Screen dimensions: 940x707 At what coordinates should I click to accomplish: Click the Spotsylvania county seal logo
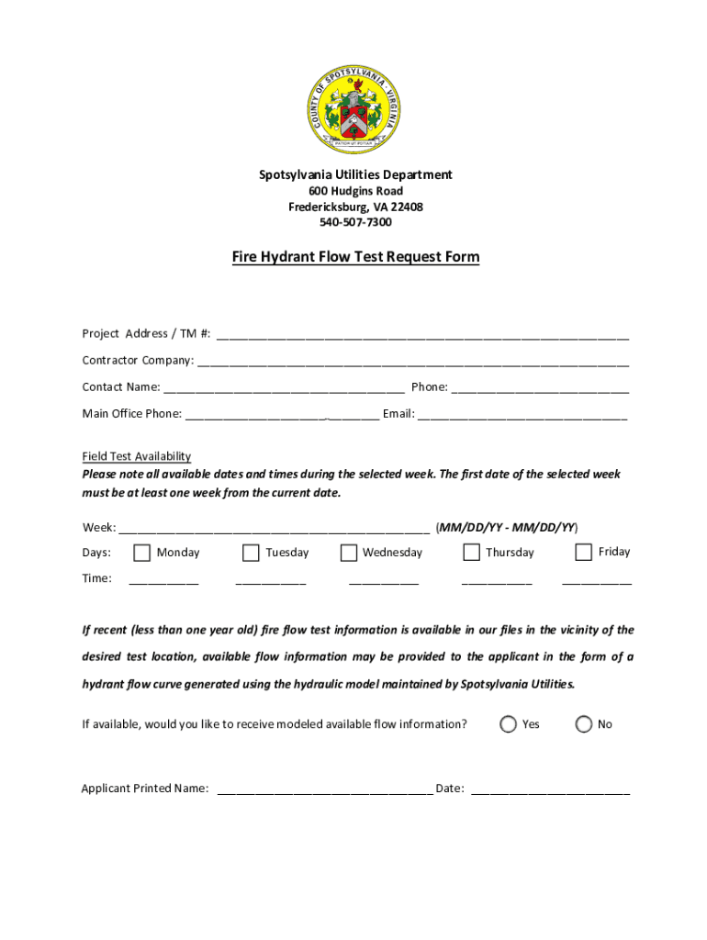click(x=355, y=112)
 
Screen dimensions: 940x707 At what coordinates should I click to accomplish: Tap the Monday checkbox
click(x=141, y=553)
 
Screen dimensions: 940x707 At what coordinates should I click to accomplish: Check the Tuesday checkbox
click(x=251, y=553)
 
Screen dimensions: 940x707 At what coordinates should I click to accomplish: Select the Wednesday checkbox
click(x=348, y=553)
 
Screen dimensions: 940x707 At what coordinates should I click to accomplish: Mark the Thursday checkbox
click(x=471, y=553)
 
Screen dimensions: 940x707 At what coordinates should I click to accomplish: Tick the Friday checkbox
click(x=583, y=552)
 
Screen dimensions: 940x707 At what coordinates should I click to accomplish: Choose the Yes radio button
click(x=508, y=724)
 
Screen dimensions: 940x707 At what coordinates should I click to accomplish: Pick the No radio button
click(x=583, y=724)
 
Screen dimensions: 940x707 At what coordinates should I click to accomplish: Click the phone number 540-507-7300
click(x=355, y=222)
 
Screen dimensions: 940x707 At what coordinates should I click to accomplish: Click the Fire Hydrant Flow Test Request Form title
click(x=355, y=257)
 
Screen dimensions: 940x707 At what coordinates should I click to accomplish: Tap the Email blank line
click(x=522, y=416)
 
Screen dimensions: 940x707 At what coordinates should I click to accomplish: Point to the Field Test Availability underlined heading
click(x=136, y=456)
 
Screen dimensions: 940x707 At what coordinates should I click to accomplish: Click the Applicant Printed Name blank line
click(x=325, y=790)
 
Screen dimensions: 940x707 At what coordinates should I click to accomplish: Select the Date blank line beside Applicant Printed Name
click(x=550, y=790)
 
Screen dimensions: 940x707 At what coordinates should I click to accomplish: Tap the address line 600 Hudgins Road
click(x=355, y=191)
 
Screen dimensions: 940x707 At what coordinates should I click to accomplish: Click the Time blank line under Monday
click(x=163, y=581)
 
